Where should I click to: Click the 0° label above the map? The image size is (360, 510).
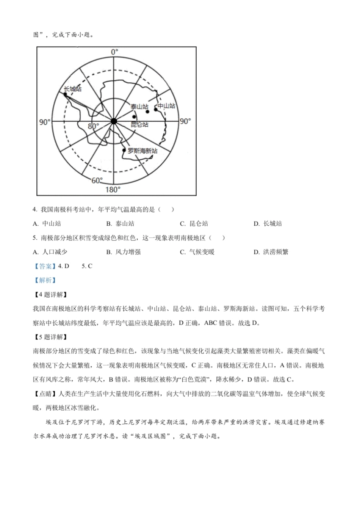[x=114, y=52]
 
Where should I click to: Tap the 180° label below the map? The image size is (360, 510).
[x=112, y=189]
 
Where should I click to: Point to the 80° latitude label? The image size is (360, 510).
[x=93, y=126]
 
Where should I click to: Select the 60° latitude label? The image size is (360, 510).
[x=97, y=180]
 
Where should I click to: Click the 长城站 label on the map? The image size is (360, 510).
[x=72, y=89]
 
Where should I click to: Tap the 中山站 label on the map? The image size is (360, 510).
[x=166, y=106]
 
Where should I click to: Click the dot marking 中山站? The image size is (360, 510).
[x=155, y=110]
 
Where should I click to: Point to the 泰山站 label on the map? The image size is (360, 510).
[x=139, y=107]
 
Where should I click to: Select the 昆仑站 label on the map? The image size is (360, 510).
[x=139, y=124]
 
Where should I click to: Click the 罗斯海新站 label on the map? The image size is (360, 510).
[x=142, y=151]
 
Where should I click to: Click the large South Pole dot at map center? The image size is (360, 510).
[x=113, y=121]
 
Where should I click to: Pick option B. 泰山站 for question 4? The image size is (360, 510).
[x=120, y=224]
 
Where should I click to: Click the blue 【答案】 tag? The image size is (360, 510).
[x=45, y=266]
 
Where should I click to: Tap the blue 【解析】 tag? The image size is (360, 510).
[x=45, y=280]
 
